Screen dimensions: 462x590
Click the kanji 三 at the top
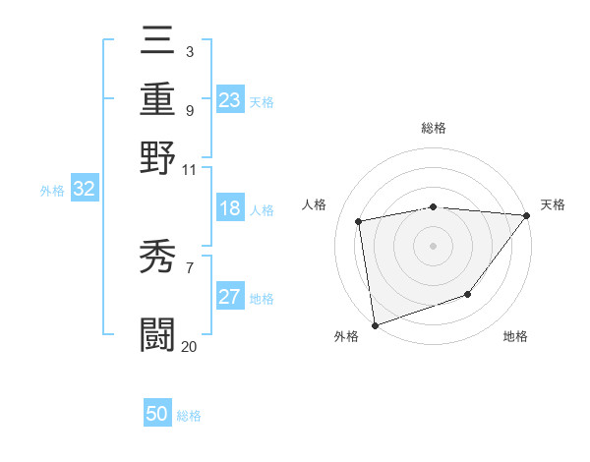click(x=158, y=42)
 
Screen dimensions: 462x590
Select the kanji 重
click(x=158, y=98)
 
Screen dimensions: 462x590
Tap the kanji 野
click(x=158, y=157)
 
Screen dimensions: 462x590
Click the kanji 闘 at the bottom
click(x=158, y=334)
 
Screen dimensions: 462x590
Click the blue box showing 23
click(x=230, y=100)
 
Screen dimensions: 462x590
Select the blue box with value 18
click(x=230, y=209)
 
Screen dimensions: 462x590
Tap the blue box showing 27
click(x=230, y=298)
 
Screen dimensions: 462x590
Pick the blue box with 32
click(x=85, y=190)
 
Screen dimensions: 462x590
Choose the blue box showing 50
click(x=157, y=414)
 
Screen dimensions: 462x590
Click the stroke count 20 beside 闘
click(x=189, y=346)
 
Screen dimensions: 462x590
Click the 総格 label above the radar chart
click(x=434, y=128)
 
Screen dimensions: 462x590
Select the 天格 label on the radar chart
click(x=553, y=204)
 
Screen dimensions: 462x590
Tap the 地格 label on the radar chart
click(x=515, y=337)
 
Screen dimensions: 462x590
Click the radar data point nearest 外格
click(x=375, y=325)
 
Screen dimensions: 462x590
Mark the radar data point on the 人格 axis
click(x=359, y=221)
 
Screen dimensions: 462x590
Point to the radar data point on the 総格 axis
click(x=434, y=206)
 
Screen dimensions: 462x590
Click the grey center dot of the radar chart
click(x=434, y=245)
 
